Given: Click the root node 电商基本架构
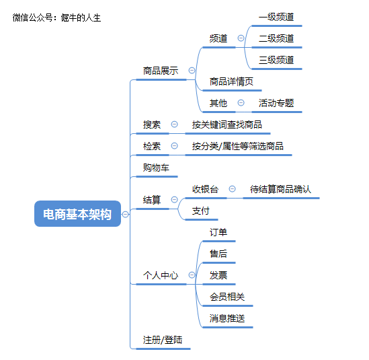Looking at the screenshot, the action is click(77, 214).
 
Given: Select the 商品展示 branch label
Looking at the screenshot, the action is click(161, 71).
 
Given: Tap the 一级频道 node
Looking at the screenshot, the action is click(276, 17).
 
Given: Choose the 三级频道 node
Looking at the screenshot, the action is click(276, 60).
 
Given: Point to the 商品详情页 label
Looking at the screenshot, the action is click(231, 81).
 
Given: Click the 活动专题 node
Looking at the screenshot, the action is click(276, 103).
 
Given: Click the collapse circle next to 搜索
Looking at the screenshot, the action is click(174, 124).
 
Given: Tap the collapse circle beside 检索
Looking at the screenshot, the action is click(174, 145).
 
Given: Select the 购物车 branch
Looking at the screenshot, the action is click(156, 168).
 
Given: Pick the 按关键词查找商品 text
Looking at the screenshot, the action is click(227, 124).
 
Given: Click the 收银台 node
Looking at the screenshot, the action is click(205, 189).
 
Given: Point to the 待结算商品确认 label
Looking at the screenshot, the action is click(280, 189).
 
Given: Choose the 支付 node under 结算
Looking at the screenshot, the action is click(201, 211).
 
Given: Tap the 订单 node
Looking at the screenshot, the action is click(218, 232).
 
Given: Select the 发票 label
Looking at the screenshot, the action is click(218, 275).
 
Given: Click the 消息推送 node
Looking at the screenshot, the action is click(227, 318).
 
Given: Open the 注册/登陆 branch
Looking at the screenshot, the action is click(163, 340).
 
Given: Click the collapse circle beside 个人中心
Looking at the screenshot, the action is click(192, 275).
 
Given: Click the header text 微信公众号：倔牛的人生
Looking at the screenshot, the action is click(56, 17).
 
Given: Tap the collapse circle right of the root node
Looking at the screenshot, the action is click(126, 214).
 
